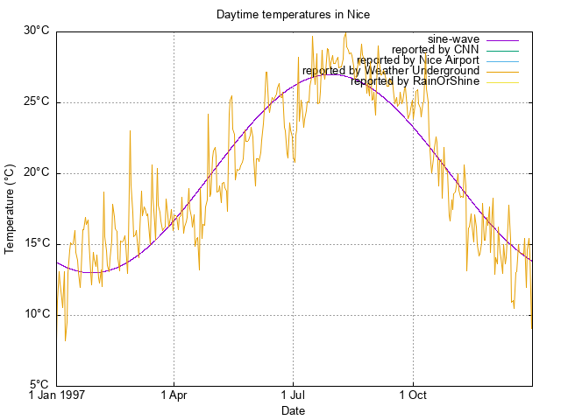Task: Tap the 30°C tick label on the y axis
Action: [x=36, y=31]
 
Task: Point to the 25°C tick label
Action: [x=36, y=101]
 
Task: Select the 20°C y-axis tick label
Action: [x=36, y=172]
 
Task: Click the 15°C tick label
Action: [x=36, y=243]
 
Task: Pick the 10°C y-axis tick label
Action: [x=36, y=314]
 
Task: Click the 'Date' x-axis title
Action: [x=293, y=410]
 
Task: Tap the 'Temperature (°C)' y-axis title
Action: [x=11, y=208]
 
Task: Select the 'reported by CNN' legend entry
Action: [x=434, y=50]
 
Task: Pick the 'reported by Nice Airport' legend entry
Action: [x=417, y=60]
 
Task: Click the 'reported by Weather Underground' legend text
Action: [x=391, y=71]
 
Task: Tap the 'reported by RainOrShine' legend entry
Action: [x=415, y=81]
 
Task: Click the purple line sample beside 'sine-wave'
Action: [x=501, y=39]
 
